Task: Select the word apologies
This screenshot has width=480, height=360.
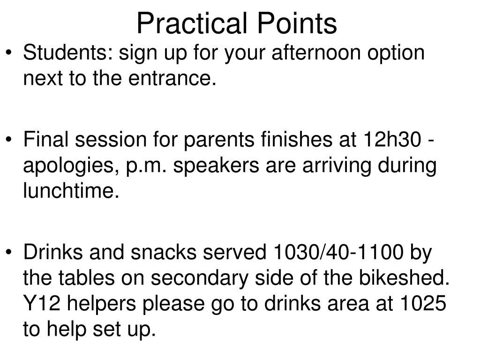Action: [73, 166]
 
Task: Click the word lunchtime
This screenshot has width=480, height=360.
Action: [68, 192]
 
